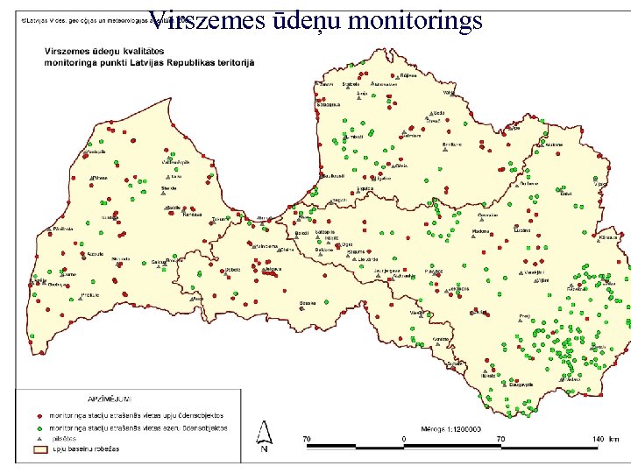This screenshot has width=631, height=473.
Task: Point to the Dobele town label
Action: pos(232,269)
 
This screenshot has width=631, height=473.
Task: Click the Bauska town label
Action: pos(307,303)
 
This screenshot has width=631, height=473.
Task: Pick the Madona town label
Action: pos(480,231)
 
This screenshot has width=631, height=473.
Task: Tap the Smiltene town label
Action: pos(451,144)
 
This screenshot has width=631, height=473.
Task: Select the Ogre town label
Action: pos(347,244)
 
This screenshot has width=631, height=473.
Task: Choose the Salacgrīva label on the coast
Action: pos(329,104)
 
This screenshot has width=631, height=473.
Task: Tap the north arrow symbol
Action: pos(264,435)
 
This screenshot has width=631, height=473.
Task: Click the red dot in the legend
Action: pos(39,414)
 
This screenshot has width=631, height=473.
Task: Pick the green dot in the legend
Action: pos(39,427)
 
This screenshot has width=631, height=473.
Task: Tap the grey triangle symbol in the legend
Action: pos(39,438)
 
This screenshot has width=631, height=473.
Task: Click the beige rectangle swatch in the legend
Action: pos(39,448)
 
